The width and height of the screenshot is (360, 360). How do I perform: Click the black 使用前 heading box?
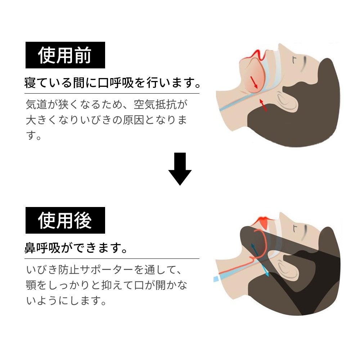(x=65, y=55)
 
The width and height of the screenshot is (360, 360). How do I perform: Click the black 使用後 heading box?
(x=65, y=220)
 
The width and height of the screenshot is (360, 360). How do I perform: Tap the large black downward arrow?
(x=180, y=169)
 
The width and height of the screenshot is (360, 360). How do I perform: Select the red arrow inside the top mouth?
(x=254, y=82)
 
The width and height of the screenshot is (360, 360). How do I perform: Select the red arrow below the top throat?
(x=263, y=105)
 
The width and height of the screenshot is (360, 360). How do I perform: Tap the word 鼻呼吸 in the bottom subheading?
(x=42, y=248)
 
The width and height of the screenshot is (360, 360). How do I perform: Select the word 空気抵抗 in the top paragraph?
(x=155, y=104)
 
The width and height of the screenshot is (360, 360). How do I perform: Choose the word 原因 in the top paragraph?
(x=134, y=120)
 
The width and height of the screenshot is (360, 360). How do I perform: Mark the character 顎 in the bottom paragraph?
(x=31, y=285)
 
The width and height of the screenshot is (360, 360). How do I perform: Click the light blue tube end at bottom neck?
(x=216, y=279)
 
